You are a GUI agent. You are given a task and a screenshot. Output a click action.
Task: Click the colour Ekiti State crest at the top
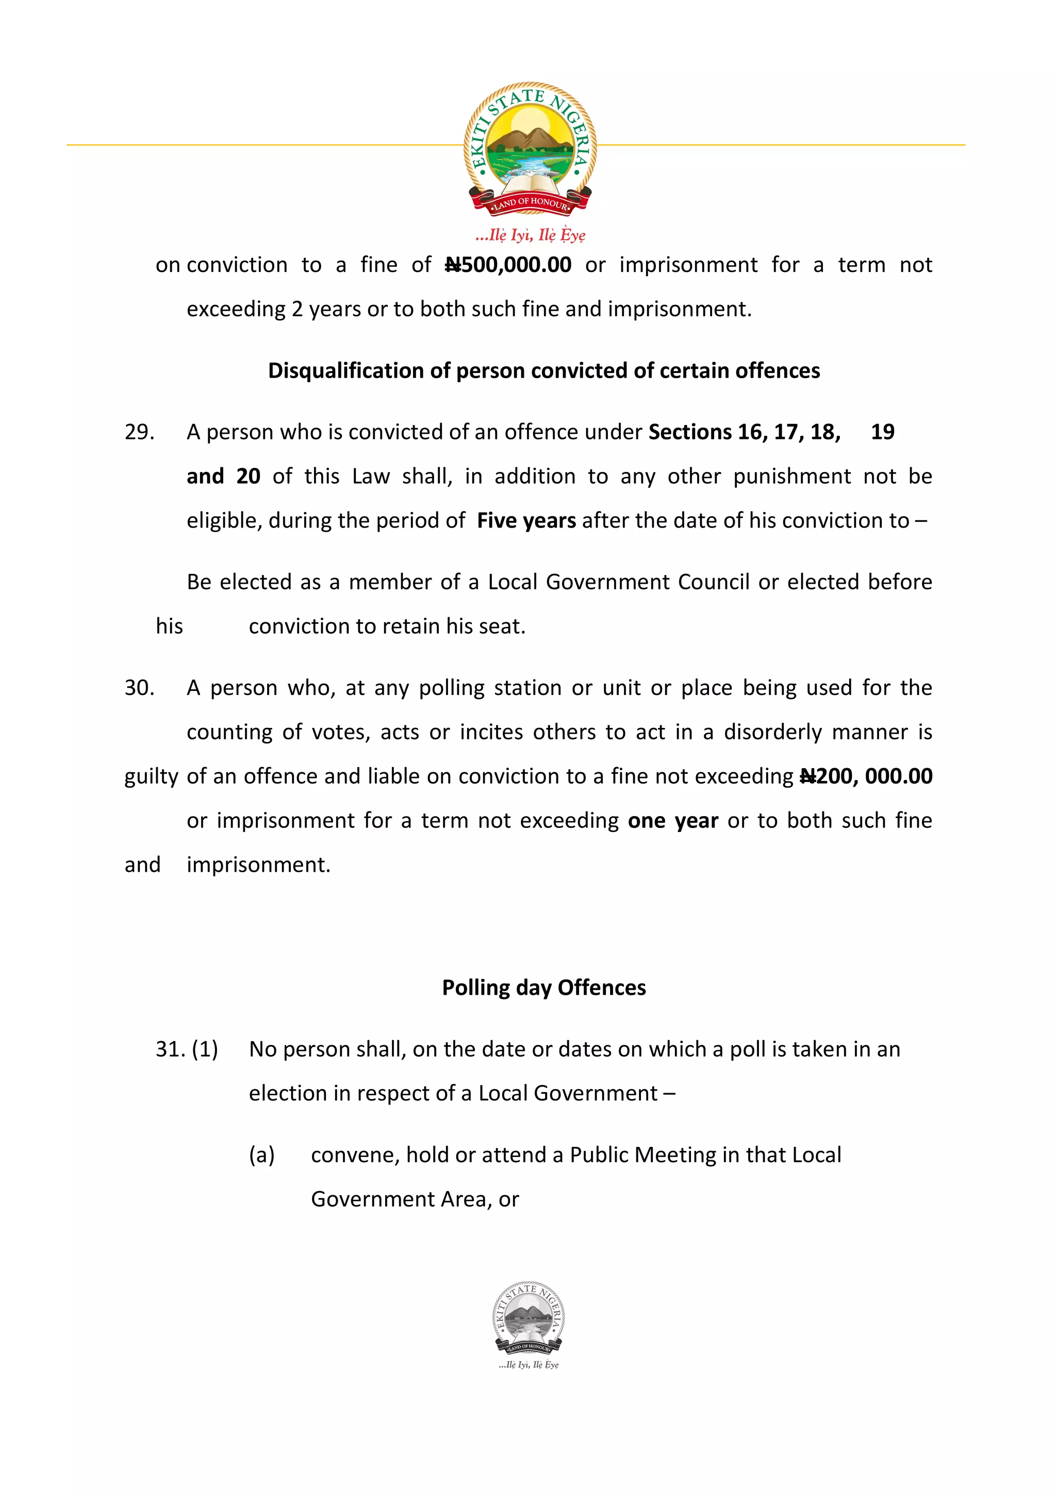click(530, 148)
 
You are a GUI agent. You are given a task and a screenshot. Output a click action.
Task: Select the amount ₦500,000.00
click(508, 265)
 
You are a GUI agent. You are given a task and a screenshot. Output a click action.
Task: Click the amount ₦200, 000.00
click(866, 776)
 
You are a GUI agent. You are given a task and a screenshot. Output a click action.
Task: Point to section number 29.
click(139, 432)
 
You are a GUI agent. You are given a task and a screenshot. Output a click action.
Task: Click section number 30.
click(139, 688)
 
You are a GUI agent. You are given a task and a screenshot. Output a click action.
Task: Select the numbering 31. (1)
click(187, 1049)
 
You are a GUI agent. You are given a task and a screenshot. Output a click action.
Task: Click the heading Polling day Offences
click(543, 988)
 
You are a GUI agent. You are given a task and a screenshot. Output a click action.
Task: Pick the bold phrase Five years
click(526, 521)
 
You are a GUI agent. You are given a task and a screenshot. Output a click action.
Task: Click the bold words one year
click(673, 821)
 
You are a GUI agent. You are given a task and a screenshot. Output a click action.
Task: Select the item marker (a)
click(261, 1155)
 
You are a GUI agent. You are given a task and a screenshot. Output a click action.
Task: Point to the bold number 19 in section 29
click(882, 432)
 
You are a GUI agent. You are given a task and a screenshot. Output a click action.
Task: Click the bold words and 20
click(223, 477)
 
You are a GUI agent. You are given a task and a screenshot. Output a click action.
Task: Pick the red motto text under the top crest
click(530, 235)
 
